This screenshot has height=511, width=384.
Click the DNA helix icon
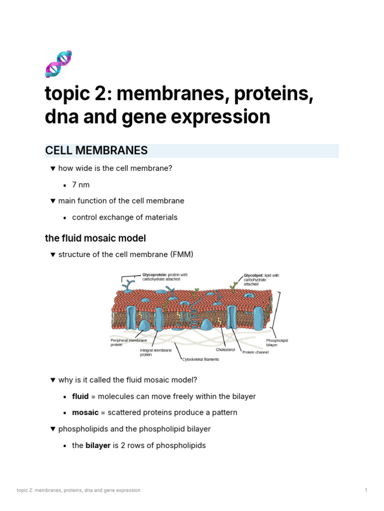[58, 63]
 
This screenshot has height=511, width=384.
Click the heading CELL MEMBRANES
[96, 151]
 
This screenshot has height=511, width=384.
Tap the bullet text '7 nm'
[81, 185]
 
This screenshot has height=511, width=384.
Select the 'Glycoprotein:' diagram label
[154, 274]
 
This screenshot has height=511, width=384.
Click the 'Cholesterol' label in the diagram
[225, 349]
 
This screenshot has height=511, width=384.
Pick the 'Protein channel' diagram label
[255, 352]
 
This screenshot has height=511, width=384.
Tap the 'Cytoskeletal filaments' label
[200, 359]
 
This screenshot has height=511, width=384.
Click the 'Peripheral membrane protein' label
[128, 342]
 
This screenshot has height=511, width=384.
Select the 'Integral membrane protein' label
[155, 352]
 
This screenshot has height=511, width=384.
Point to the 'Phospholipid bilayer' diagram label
[277, 342]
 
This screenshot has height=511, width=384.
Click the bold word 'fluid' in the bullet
[80, 396]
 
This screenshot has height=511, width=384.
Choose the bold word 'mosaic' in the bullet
[85, 413]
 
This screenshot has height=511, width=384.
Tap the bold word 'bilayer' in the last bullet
[97, 445]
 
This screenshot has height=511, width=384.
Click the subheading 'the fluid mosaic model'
[95, 238]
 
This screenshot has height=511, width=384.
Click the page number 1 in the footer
[366, 490]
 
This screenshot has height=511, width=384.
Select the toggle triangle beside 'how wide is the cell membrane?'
[52, 169]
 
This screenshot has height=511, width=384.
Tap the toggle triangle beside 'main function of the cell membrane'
[52, 201]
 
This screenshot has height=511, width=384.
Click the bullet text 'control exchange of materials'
[124, 217]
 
